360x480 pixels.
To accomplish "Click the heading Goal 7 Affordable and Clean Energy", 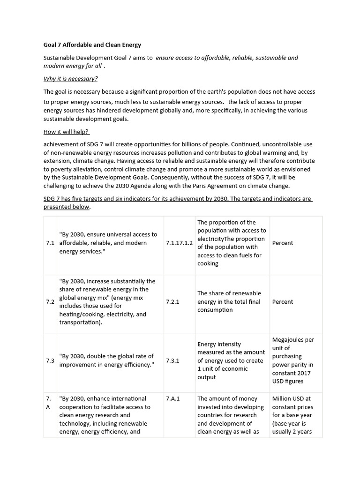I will [x=92, y=45].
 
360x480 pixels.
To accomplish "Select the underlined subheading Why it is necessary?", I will [x=71, y=78].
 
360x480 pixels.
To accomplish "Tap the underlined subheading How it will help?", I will [x=67, y=132].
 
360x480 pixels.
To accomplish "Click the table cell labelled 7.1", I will [x=51, y=243].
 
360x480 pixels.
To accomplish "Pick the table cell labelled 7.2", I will [x=51, y=302].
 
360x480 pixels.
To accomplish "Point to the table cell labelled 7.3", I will [x=51, y=360].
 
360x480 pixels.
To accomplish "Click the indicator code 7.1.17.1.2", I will [x=179, y=243].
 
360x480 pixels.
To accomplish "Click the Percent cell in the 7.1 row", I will [x=283, y=243].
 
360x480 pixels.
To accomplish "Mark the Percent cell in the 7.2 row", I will [x=283, y=302].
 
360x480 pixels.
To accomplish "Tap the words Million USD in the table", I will [x=288, y=399].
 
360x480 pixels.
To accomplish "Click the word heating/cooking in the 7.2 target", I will [x=83, y=315].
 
